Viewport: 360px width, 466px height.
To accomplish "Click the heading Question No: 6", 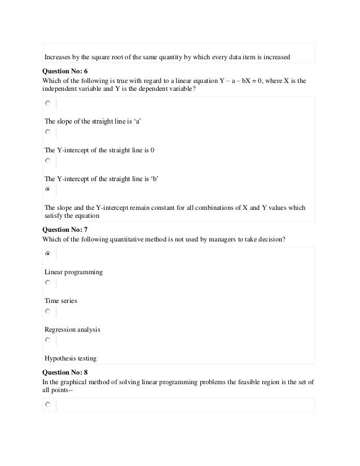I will click(x=65, y=72).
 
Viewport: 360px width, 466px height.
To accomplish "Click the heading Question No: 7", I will click(x=65, y=230).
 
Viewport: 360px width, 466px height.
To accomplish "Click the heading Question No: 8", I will click(x=65, y=373).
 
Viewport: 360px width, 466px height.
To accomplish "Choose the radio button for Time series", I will click(x=48, y=283).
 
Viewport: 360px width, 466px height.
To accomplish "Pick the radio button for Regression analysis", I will click(x=48, y=311).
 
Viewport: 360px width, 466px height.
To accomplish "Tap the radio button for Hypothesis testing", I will click(x=48, y=340).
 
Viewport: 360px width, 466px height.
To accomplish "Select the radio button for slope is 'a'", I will click(x=48, y=104).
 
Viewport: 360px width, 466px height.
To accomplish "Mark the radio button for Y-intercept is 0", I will click(x=48, y=133).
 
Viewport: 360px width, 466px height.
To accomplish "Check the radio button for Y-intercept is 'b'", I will click(x=48, y=161).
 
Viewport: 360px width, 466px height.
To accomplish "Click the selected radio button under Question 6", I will click(x=48, y=190).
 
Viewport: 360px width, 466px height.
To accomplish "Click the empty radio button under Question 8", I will click(x=48, y=405).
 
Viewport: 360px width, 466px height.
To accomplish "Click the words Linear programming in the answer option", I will click(x=73, y=272).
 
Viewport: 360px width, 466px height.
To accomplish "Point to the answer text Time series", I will click(x=61, y=301).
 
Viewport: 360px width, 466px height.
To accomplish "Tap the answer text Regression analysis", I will click(x=72, y=329).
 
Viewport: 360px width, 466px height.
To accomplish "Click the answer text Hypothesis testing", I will click(x=71, y=358).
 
